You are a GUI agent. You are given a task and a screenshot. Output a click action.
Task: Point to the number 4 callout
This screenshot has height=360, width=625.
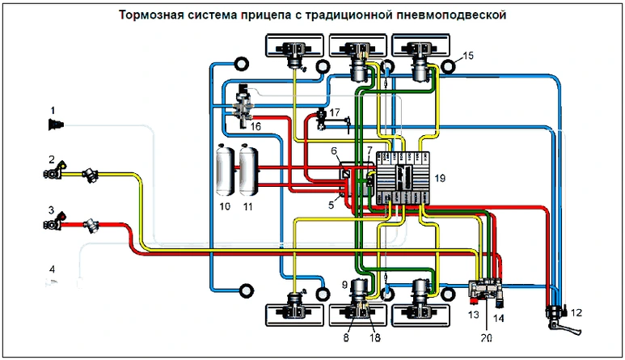coord(51,269)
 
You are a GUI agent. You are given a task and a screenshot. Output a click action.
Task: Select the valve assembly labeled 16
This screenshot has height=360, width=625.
coord(241,108)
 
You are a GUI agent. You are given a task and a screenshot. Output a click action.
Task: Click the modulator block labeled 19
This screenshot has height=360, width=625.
coord(402,178)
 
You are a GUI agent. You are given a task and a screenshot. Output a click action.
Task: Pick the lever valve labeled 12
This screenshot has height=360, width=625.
coord(555,317)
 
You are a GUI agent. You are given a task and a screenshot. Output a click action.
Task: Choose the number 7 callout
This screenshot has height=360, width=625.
coord(369,150)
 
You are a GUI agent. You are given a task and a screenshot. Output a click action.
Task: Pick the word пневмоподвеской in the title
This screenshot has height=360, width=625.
coord(457,15)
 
